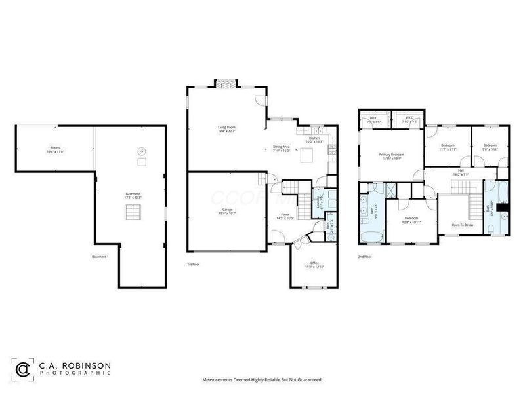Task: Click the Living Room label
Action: tap(226, 128)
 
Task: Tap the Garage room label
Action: tap(226, 212)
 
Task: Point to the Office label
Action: tap(315, 265)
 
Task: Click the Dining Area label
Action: tap(282, 148)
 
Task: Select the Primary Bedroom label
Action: tap(392, 155)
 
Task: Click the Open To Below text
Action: tap(463, 225)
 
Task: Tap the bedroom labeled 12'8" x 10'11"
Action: tap(411, 219)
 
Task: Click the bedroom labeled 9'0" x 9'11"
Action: tap(491, 147)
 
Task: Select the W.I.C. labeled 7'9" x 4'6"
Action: tap(374, 120)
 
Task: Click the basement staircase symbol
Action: tap(133, 213)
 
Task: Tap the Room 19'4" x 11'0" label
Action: tap(55, 149)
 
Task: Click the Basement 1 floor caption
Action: tap(100, 257)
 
